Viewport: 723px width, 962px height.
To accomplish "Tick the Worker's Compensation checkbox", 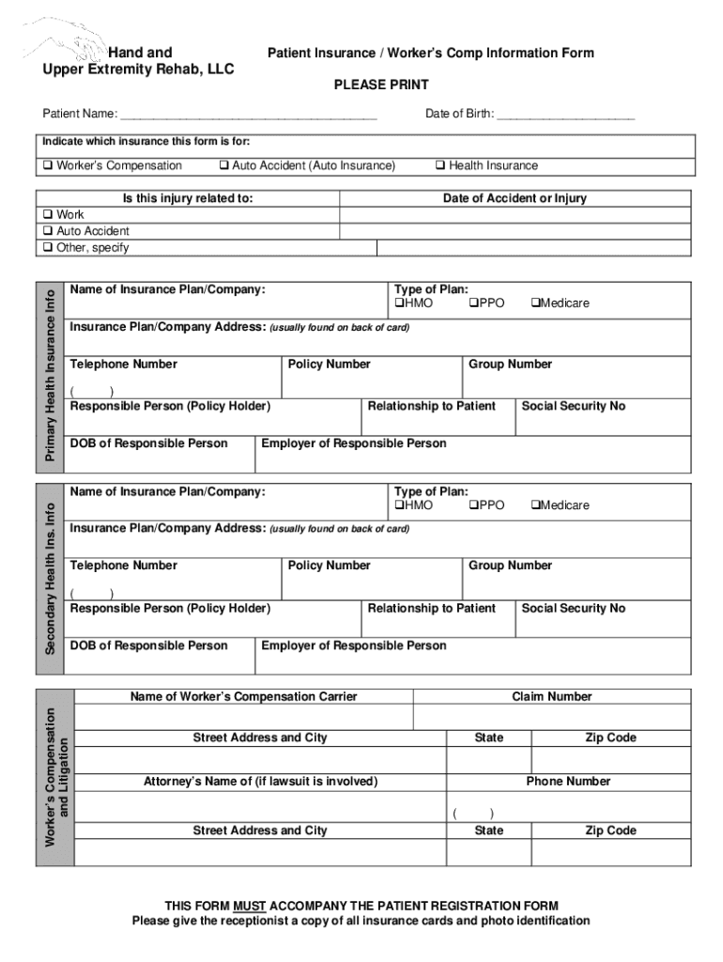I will [x=48, y=166].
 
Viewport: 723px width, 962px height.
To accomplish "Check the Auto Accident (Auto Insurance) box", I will [x=223, y=166].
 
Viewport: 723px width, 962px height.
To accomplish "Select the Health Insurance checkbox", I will [x=439, y=166].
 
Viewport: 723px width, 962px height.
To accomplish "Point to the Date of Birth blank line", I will [x=565, y=115].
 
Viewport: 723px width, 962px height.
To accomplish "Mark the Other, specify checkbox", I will [x=48, y=248].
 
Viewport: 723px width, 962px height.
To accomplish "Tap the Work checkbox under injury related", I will [x=48, y=215].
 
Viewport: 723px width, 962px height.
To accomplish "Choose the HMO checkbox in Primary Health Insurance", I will [x=399, y=303].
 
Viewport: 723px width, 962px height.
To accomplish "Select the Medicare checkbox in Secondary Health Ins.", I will [x=535, y=505].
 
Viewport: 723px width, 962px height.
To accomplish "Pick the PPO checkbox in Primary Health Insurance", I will [x=473, y=303].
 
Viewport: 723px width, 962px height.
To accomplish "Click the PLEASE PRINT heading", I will [x=381, y=85].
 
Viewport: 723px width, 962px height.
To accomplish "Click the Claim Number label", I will [x=551, y=697].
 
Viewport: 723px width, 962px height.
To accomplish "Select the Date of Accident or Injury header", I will [x=515, y=199].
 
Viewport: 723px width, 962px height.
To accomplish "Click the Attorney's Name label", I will [x=260, y=782].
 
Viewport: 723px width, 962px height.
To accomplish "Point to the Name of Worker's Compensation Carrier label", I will [x=243, y=697].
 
